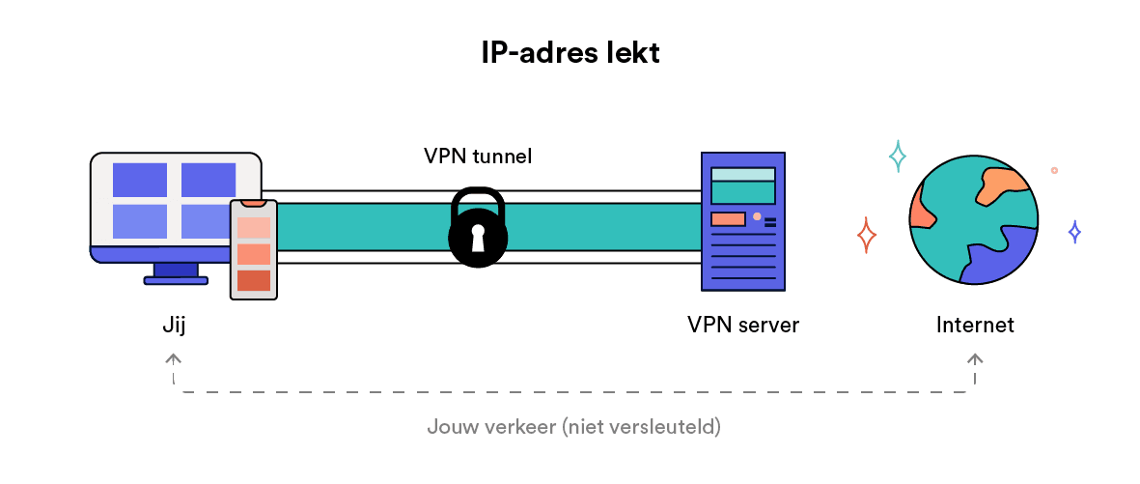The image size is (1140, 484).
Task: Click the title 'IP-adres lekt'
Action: (x=570, y=53)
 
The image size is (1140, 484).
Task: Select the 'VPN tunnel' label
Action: (x=477, y=156)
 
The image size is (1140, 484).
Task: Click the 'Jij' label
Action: (x=174, y=325)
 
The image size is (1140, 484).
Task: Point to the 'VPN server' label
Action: (x=742, y=325)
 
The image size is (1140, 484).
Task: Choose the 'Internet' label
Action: (x=975, y=325)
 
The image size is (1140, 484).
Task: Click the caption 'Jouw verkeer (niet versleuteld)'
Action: (x=573, y=426)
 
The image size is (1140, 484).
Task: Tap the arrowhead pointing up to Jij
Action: (x=174, y=359)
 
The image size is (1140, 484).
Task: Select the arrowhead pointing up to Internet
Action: (x=975, y=359)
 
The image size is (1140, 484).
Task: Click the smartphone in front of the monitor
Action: (x=253, y=249)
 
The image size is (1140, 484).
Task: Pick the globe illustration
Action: (x=973, y=220)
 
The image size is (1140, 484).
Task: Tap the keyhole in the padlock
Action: (x=477, y=239)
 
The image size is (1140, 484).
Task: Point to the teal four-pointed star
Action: (x=898, y=156)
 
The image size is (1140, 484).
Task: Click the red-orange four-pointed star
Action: (x=867, y=235)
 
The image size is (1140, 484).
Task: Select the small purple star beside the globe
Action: (x=1073, y=232)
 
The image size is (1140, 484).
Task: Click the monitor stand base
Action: (x=176, y=280)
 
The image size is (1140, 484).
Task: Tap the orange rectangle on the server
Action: (x=728, y=219)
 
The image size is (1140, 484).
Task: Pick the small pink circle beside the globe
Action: (x=1054, y=170)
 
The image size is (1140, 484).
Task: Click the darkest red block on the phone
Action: (x=253, y=280)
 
